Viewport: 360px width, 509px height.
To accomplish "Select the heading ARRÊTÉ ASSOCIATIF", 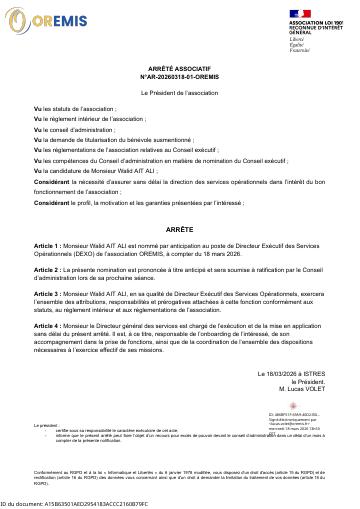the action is pos(180,60).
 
